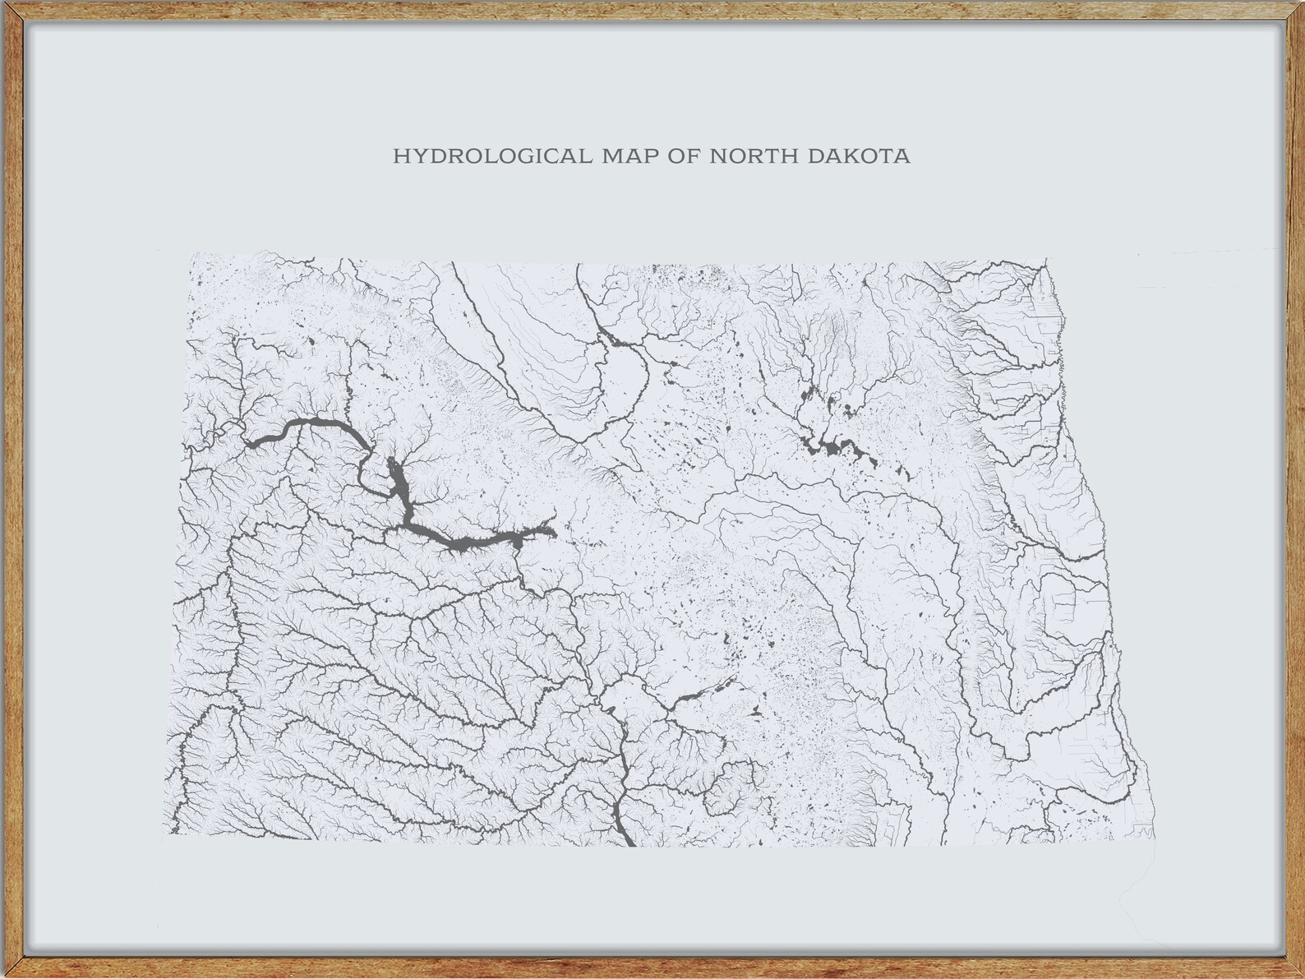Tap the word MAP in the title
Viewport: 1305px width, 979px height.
629,156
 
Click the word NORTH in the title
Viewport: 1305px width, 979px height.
746,156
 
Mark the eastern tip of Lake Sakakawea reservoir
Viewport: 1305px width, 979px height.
555,531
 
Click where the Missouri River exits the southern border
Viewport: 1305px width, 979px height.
629,843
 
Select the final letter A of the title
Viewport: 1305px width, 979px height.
902,156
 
